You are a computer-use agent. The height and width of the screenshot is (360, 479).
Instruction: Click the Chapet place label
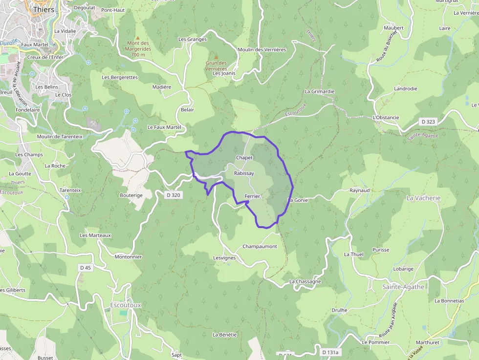point(244,158)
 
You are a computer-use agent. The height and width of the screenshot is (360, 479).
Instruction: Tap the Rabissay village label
point(244,173)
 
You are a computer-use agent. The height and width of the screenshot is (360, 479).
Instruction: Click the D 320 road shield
point(174,195)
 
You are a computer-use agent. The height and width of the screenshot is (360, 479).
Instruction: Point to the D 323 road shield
point(428,121)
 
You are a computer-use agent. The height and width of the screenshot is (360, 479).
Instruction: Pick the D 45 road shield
point(85,267)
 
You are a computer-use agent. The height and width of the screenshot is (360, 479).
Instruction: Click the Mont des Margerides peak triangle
point(138,38)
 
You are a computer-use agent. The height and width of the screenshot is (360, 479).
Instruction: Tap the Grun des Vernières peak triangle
point(216,57)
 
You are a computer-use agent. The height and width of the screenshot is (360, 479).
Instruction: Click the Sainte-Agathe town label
point(403,287)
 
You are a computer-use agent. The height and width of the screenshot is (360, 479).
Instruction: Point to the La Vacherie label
point(423,198)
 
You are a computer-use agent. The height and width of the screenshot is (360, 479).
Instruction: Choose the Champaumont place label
point(260,247)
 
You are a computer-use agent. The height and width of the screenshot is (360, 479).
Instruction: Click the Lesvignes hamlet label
point(224,258)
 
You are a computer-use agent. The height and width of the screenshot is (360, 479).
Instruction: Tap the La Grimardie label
point(319,91)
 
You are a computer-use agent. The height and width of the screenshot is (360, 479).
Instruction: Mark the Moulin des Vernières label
point(261,49)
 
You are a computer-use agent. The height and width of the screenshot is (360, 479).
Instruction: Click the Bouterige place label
point(131,195)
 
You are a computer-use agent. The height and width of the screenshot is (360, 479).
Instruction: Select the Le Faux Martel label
point(164,127)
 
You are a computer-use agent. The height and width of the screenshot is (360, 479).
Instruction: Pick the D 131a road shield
point(331,352)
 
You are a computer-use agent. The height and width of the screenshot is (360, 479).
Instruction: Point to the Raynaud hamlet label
point(359,190)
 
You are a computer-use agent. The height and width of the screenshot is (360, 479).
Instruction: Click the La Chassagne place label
point(305,281)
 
